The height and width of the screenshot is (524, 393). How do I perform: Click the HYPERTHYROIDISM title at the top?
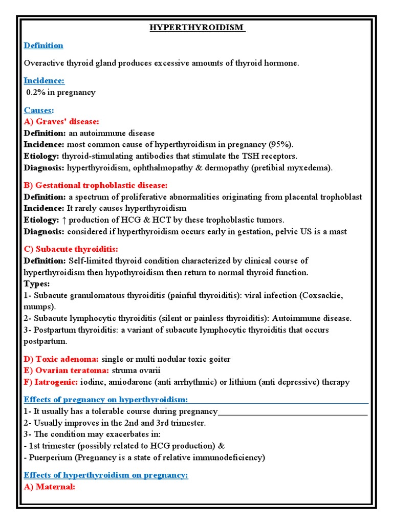tap(197, 28)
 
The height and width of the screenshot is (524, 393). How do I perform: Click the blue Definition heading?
tap(43, 46)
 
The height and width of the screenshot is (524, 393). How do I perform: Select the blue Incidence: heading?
tap(44, 81)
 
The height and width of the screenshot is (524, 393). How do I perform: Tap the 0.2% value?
tap(37, 93)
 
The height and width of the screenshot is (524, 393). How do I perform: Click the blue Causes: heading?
tap(39, 110)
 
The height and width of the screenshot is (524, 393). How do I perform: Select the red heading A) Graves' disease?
tap(61, 121)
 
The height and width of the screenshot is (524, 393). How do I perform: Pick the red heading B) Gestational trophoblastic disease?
tap(96, 185)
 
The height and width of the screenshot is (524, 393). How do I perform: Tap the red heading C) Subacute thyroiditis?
tap(71, 249)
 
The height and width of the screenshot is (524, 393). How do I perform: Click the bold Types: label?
tap(37, 283)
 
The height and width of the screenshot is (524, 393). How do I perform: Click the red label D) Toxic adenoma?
tap(61, 359)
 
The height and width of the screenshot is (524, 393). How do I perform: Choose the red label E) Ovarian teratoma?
tap(66, 370)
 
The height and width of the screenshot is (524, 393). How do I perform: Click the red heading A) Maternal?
tap(50, 487)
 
